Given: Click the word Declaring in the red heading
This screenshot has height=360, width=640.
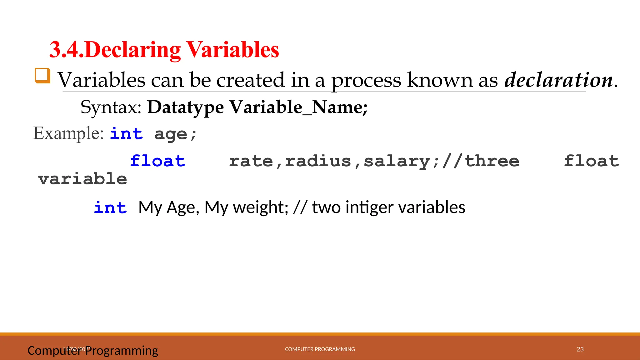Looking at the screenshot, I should point(132,50).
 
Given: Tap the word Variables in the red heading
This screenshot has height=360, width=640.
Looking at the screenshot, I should point(232,50).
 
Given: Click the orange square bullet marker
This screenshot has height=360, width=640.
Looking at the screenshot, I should point(42,76).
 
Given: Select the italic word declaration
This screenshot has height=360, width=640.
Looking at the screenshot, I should point(559,80).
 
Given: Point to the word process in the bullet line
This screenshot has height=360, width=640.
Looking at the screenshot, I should point(366,81).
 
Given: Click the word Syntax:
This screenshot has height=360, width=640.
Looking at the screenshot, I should point(111,107).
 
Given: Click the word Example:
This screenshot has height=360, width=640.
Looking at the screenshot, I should point(68,133).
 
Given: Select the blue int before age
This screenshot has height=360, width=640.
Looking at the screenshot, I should point(126,134).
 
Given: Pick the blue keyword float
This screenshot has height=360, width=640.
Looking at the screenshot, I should point(157,161).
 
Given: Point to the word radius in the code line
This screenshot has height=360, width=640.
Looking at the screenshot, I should point(318,161).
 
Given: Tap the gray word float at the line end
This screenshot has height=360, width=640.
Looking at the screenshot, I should point(591,161).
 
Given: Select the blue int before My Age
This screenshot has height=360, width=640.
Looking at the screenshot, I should point(110,208).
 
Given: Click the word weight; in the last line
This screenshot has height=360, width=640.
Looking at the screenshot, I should point(261,208).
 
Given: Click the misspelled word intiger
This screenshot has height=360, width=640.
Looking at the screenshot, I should point(369,208).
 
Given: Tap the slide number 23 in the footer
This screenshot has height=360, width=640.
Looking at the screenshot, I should point(580,349).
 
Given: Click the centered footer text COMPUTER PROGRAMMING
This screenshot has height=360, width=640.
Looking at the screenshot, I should point(320,349).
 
